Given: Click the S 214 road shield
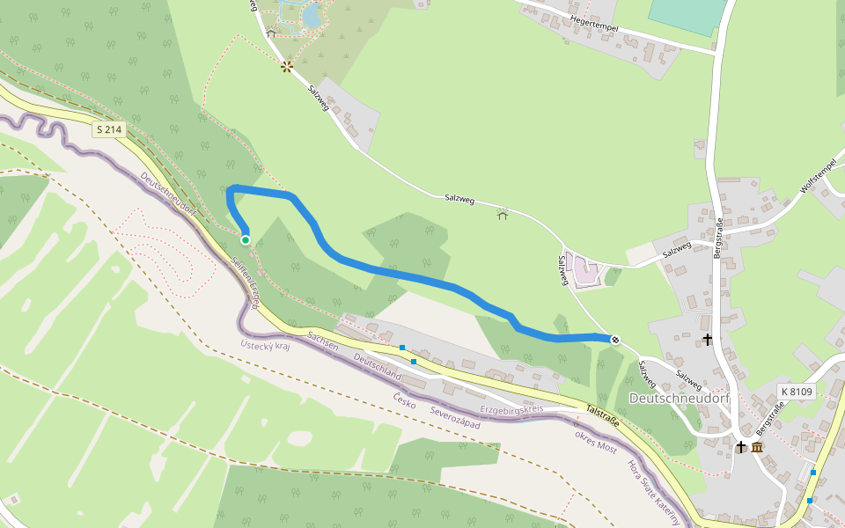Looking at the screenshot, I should click(x=110, y=129).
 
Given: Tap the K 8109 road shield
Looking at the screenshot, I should click(x=797, y=391).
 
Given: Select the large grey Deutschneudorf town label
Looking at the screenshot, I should click(x=680, y=399).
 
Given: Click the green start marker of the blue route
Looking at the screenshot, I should click(x=245, y=239).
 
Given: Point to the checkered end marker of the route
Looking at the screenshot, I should click(x=615, y=340).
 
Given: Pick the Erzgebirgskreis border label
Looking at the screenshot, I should click(x=511, y=410).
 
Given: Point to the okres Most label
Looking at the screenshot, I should click(x=595, y=440).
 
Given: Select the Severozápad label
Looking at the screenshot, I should click(x=455, y=418).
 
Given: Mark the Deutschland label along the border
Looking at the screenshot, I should click(x=377, y=368).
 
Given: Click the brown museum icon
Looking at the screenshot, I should click(x=757, y=447).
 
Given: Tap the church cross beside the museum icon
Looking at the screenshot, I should click(x=741, y=447).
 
